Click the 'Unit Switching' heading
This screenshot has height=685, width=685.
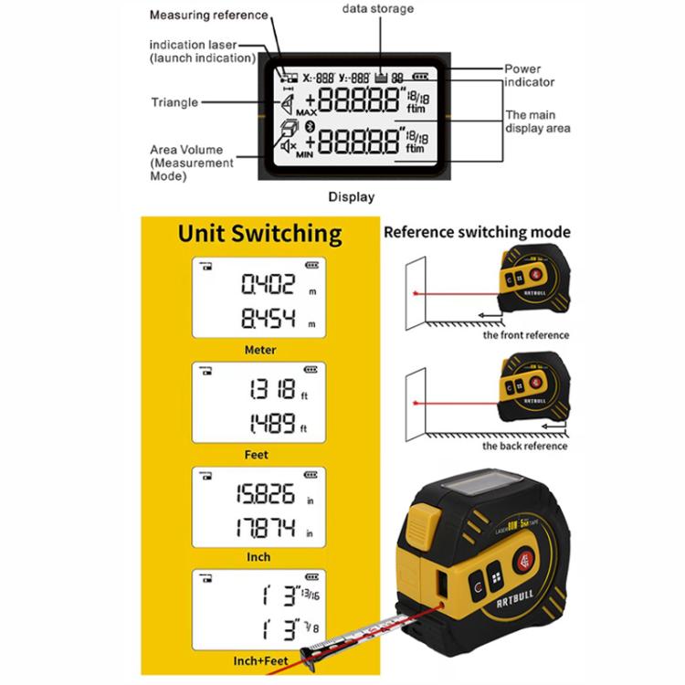259,234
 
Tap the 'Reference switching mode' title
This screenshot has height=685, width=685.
477,232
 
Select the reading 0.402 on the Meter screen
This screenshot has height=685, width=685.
269,285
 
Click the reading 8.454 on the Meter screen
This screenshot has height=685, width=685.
269,320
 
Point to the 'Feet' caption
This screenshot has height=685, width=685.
258,454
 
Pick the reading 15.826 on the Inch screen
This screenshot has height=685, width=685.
267,495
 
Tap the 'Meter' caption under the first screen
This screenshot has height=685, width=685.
259,350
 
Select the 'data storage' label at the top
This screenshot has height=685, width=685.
378,9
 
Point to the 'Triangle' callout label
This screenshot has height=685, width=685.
174,102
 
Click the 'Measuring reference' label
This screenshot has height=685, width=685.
209,16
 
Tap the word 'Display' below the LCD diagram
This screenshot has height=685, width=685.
352,196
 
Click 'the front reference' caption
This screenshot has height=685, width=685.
525,335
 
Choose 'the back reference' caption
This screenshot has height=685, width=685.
525,446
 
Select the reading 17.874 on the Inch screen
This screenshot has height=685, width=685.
267,531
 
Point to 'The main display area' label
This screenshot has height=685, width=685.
538,121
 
